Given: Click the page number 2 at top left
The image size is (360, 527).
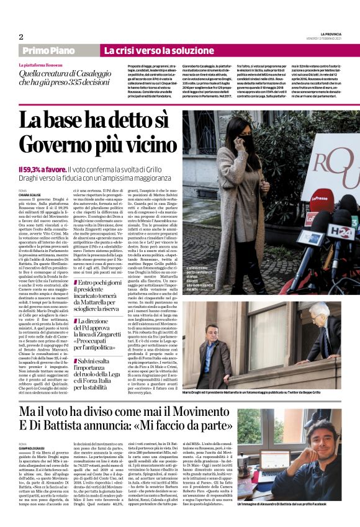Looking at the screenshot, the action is click(x=20, y=37).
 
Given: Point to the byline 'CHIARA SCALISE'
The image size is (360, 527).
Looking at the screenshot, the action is click(x=30, y=191).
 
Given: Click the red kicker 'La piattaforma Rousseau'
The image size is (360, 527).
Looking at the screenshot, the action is click(x=43, y=64).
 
